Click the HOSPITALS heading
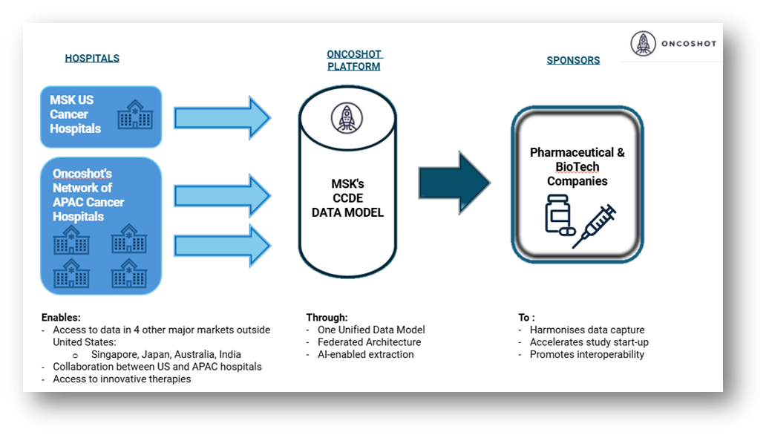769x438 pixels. [x=92, y=58]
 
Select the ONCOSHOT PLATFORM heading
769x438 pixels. [x=353, y=60]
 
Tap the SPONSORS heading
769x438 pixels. [x=573, y=60]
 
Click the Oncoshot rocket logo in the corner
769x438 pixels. [x=644, y=44]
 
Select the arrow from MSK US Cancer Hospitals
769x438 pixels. [x=222, y=117]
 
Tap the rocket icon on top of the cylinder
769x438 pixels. [x=344, y=117]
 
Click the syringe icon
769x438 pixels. [x=595, y=225]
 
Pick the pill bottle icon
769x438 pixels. [x=560, y=215]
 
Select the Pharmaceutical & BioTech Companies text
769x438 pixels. [x=577, y=166]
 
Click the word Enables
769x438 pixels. [x=61, y=317]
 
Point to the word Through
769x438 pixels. [x=327, y=317]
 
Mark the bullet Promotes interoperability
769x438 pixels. [x=586, y=354]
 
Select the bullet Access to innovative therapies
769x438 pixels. [x=122, y=379]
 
